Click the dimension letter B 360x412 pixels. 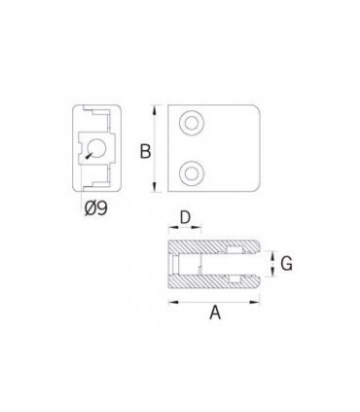(145, 151)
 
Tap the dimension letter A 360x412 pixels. (215, 313)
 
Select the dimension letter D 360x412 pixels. (185, 217)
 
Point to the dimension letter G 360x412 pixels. (286, 263)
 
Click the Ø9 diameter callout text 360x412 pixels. (95, 208)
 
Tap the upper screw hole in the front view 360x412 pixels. (192, 124)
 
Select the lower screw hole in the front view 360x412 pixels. (192, 173)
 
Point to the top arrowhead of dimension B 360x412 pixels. (155, 110)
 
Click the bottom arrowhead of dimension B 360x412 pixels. (155, 187)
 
